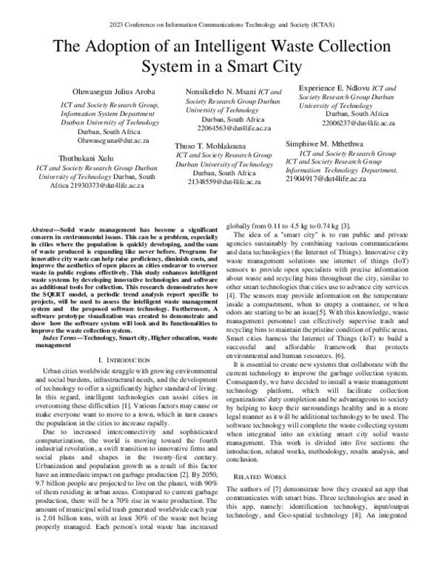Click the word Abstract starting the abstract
pos(45,232)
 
